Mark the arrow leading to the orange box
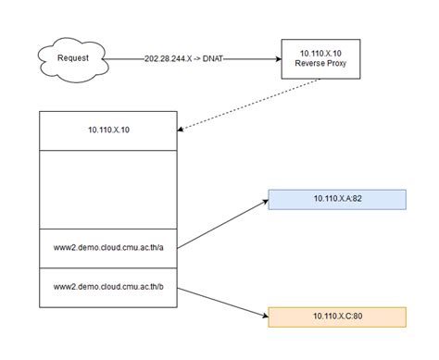pyautogui.click(x=222, y=302)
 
